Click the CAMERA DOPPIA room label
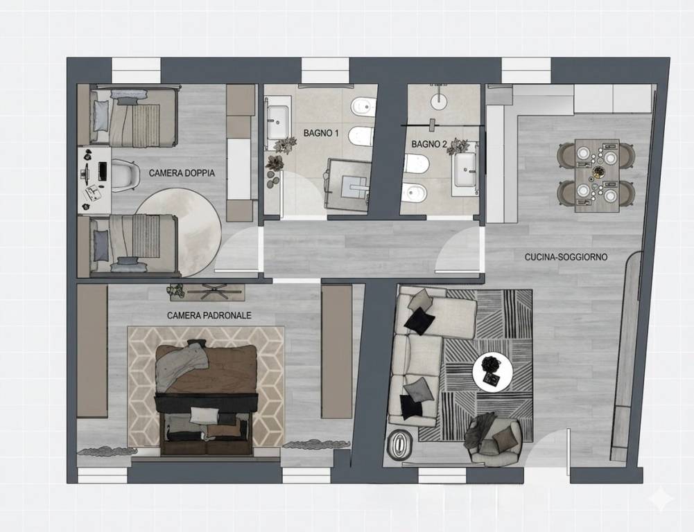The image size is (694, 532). click(182, 173)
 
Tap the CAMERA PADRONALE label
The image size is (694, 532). click(209, 315)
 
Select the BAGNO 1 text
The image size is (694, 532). click(321, 133)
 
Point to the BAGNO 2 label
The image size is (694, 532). click(429, 144)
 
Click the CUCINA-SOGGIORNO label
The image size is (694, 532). click(566, 257)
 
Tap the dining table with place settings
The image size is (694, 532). click(597, 175)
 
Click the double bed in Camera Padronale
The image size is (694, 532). click(206, 398)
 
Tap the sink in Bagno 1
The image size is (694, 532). click(277, 123)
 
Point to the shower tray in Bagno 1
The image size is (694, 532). click(348, 184)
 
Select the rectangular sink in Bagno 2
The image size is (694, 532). click(466, 169)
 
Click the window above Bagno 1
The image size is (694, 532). click(325, 71)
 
